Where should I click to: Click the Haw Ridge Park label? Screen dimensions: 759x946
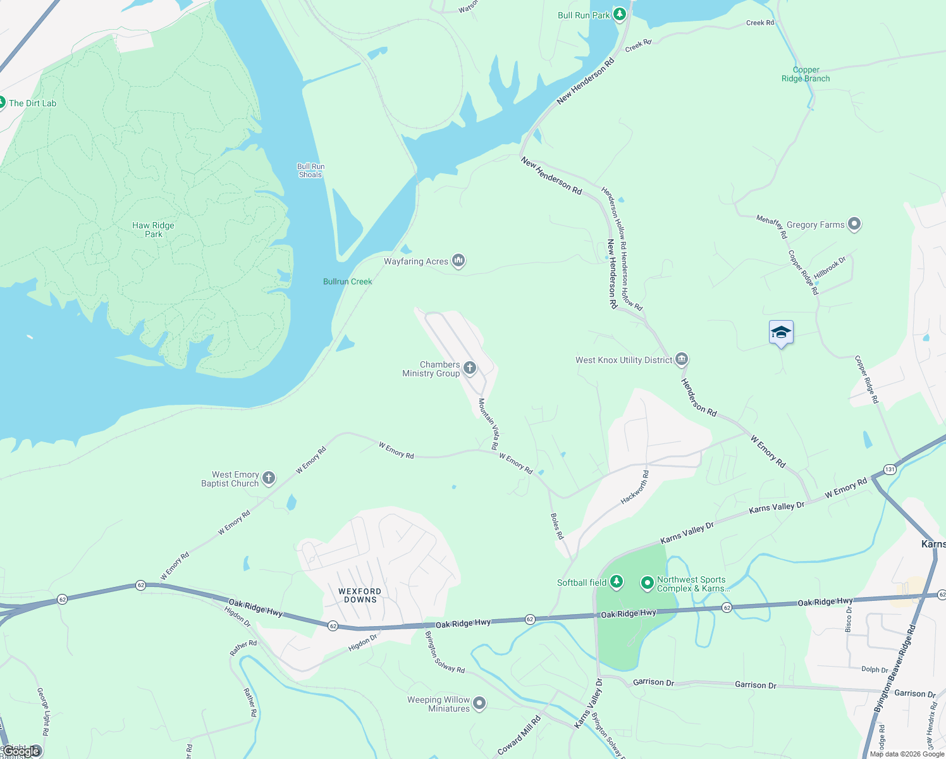coord(153,230)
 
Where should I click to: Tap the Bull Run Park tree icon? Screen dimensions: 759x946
coord(620,14)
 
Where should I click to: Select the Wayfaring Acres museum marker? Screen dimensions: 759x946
coord(458,261)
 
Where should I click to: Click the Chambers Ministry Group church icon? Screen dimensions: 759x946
coord(469,368)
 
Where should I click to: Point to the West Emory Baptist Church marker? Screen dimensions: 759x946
coord(269,478)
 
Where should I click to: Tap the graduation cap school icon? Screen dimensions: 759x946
coord(781,333)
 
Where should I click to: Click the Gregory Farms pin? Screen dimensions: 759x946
coord(854,224)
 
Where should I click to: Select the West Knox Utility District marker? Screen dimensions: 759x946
coord(681,359)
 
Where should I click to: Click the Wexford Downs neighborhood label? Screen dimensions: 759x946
coord(360,595)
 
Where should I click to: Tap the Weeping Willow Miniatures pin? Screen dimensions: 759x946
coord(479,703)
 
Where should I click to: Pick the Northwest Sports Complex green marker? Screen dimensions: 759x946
coord(647,583)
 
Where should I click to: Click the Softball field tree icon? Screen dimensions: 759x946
coord(616,582)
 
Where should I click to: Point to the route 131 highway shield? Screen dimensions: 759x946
coord(890,469)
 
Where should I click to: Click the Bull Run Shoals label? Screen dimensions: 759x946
coord(310,171)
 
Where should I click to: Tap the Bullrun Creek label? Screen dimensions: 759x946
coord(348,281)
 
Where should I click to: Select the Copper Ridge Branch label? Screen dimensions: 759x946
coord(806,75)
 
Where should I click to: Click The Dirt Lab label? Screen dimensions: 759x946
coord(32,103)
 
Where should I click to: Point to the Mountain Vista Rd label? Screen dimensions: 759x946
coord(488,424)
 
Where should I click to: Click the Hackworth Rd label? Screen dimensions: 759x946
coord(634,487)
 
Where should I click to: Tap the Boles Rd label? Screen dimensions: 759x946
coord(556,526)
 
